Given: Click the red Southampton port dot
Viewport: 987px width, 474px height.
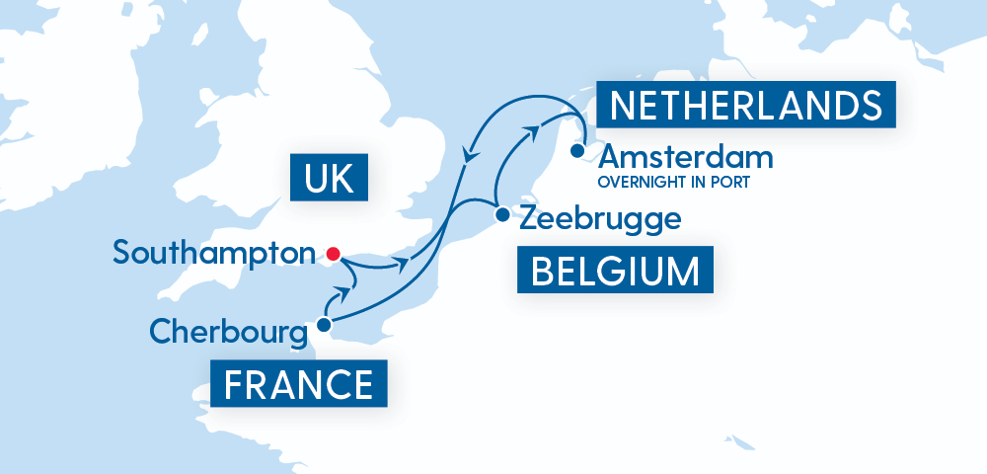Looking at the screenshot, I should tap(333, 254).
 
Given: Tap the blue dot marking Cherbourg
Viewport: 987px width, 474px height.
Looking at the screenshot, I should tap(324, 323).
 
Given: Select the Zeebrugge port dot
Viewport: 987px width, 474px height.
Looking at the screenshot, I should tap(502, 213).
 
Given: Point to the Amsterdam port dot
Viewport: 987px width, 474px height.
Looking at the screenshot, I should tap(576, 151).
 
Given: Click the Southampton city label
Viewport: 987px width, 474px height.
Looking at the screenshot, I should tap(219, 253).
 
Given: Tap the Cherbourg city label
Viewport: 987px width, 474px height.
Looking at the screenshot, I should tap(228, 331).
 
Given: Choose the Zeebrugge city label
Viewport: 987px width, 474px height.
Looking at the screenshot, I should tap(600, 218).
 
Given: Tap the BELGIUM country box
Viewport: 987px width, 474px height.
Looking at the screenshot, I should tap(615, 271).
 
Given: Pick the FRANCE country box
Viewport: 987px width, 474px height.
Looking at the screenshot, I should tap(299, 383).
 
